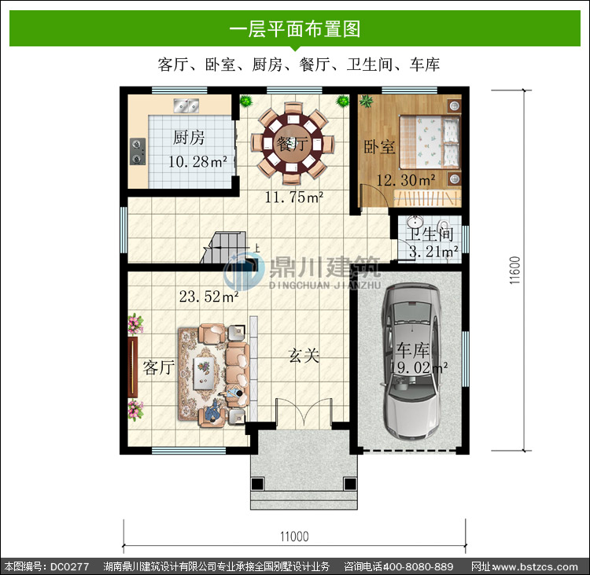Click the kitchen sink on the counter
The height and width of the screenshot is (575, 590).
[x=186, y=105]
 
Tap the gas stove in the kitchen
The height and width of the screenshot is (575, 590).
[x=138, y=152]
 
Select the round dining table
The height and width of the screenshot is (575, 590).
[x=293, y=143]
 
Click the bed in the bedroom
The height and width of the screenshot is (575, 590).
[x=430, y=142]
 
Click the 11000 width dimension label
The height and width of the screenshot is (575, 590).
[x=294, y=536]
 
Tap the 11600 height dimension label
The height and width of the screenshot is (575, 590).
[x=514, y=270]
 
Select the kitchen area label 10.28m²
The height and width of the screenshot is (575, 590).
[x=197, y=162]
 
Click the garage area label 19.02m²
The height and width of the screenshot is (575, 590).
[x=419, y=367]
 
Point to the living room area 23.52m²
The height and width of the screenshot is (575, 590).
[x=208, y=297]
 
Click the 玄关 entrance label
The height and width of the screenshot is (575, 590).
[x=304, y=356]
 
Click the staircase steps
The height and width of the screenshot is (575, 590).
[x=223, y=247]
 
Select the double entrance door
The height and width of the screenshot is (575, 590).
[x=304, y=413]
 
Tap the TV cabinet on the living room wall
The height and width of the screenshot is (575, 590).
[x=132, y=367]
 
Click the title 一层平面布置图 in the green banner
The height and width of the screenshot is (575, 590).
[x=295, y=28]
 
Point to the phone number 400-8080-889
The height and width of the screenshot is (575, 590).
[x=418, y=566]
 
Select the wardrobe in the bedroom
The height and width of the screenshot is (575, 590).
[x=427, y=198]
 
